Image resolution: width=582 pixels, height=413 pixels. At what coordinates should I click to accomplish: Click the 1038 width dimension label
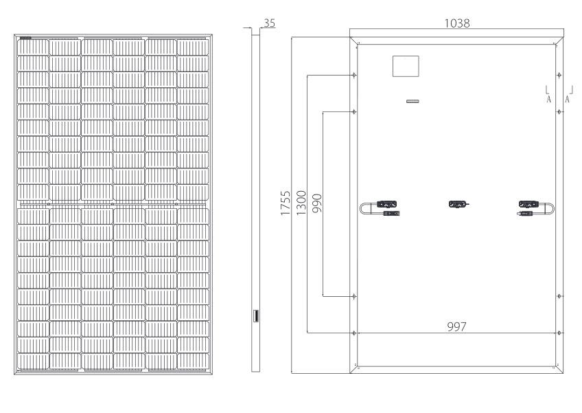457,23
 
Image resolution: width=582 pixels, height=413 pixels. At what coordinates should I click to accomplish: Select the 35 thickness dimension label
270,23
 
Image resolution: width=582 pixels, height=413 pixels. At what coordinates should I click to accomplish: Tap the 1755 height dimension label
285,203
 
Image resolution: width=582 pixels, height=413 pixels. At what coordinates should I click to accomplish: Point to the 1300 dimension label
301,203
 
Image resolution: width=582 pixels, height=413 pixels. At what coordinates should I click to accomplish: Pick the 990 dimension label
317,203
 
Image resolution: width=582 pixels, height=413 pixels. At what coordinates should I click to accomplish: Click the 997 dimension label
456,326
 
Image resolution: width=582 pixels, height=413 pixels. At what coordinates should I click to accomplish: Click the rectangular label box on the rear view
406,66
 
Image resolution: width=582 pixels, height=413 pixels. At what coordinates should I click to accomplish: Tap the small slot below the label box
412,101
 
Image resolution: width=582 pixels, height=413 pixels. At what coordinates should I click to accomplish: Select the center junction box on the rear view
458,204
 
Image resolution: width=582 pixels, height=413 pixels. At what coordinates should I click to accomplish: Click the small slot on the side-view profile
255,315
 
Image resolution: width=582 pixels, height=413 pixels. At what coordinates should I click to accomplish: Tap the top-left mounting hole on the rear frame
354,76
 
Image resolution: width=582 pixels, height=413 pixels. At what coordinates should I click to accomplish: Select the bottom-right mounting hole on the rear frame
559,333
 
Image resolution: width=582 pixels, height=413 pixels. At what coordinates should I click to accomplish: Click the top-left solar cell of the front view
33,47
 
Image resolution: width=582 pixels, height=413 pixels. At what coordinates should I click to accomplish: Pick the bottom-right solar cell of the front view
193,361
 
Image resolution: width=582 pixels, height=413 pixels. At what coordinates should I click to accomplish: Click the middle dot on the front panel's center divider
113,204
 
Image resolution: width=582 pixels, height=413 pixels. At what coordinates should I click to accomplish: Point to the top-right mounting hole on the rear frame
559,76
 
